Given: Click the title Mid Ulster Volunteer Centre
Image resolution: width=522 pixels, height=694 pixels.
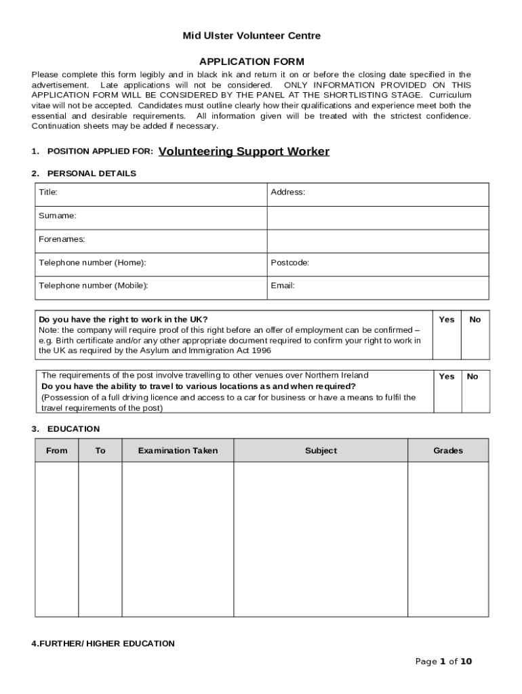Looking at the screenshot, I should point(252,36).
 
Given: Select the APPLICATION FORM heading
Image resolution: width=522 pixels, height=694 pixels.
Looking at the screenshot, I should point(252,62).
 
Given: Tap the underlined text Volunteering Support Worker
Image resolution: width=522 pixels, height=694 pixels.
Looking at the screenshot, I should point(243,152).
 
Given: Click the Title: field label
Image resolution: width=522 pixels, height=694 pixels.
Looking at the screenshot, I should point(48,192).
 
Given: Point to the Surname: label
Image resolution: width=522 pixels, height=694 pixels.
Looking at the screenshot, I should point(58,216).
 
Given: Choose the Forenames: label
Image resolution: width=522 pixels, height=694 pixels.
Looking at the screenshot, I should point(62,239).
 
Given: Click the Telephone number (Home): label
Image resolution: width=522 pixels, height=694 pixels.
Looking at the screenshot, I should point(92,262).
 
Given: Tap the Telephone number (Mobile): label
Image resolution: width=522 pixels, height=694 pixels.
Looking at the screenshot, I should point(93,285).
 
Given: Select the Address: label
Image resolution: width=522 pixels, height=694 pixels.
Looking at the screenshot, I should point(288,192).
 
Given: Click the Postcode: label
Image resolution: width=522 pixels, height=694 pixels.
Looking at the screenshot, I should point(290,262).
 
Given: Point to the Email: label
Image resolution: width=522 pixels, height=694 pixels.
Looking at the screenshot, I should point(283,285).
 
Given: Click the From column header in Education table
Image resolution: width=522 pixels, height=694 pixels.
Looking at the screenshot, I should point(57,451).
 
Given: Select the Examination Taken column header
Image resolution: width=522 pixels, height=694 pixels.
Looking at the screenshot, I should point(178,451).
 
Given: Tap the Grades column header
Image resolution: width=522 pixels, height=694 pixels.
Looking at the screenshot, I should point(448,451).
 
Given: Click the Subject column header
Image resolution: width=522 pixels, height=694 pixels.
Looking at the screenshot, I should point(321,451).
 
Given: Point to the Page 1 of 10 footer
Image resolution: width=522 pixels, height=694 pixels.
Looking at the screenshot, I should point(443,662).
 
